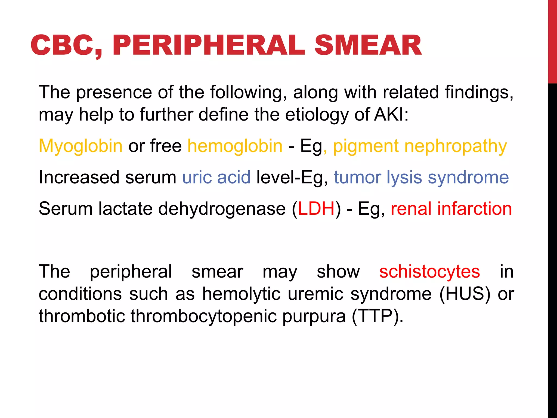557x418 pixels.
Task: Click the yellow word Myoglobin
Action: coord(81,146)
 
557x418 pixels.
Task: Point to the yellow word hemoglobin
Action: coord(235,146)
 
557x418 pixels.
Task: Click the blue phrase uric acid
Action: coord(216,177)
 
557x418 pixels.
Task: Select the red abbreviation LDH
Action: coord(316,209)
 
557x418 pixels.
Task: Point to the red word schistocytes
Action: coord(429,272)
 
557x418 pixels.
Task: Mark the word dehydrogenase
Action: coord(222,209)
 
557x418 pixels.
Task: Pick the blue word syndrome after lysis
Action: coord(468,177)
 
